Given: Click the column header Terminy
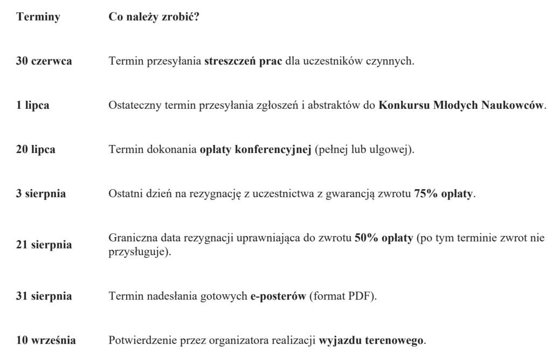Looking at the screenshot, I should click(x=39, y=17).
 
